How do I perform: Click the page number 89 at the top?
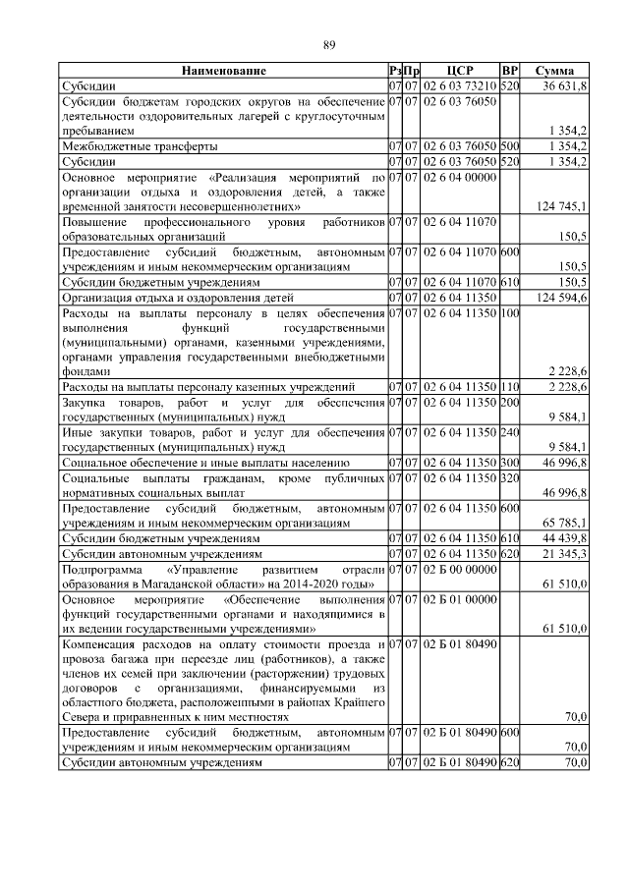[x=330, y=45]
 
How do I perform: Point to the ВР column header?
[x=509, y=72]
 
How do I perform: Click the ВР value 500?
[x=509, y=146]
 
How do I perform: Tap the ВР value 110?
[x=509, y=387]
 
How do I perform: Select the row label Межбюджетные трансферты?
[x=140, y=146]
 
